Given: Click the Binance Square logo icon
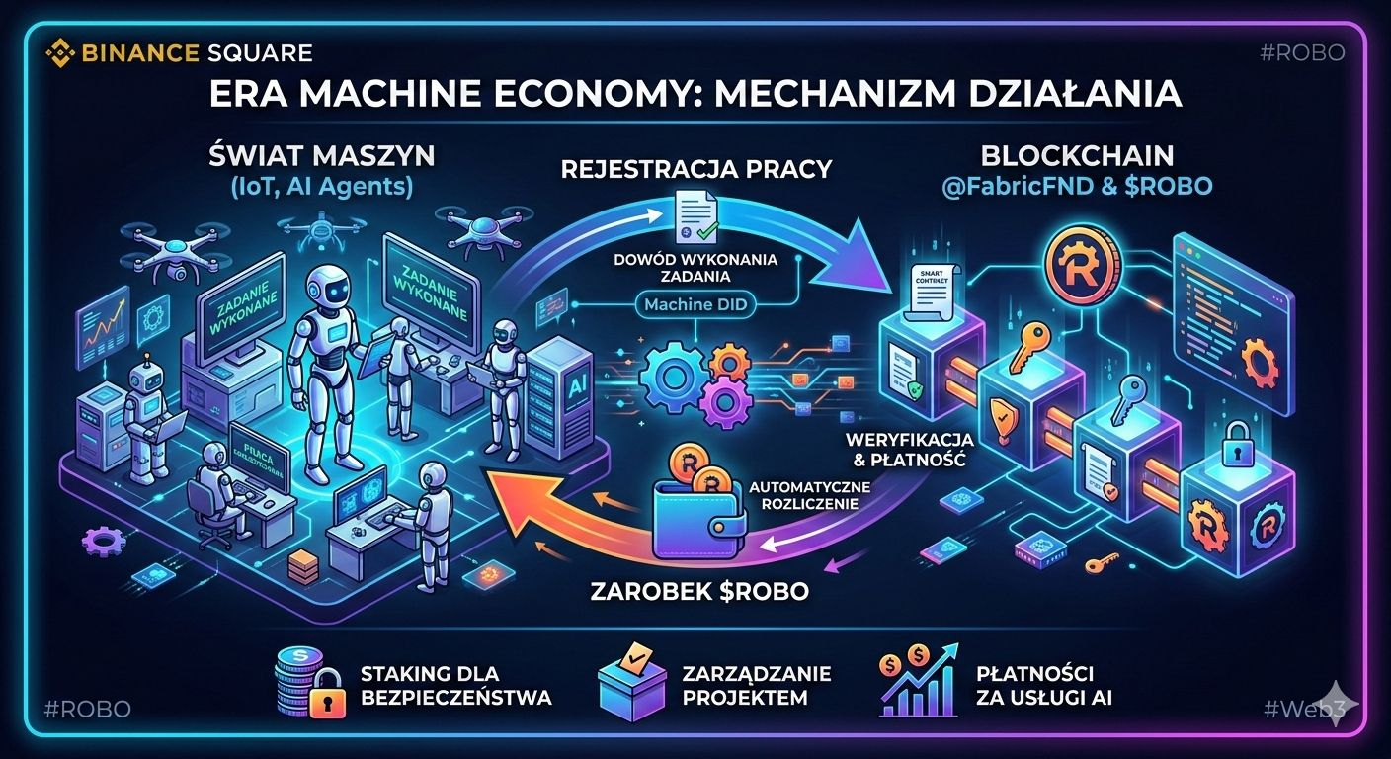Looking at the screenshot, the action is click(61, 52).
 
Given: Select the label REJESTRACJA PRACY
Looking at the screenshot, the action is click(695, 168).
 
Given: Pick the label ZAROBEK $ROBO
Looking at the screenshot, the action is click(699, 592).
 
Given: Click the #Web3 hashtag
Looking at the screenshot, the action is click(1296, 708).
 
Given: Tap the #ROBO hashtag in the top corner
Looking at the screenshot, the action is click(1302, 53).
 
